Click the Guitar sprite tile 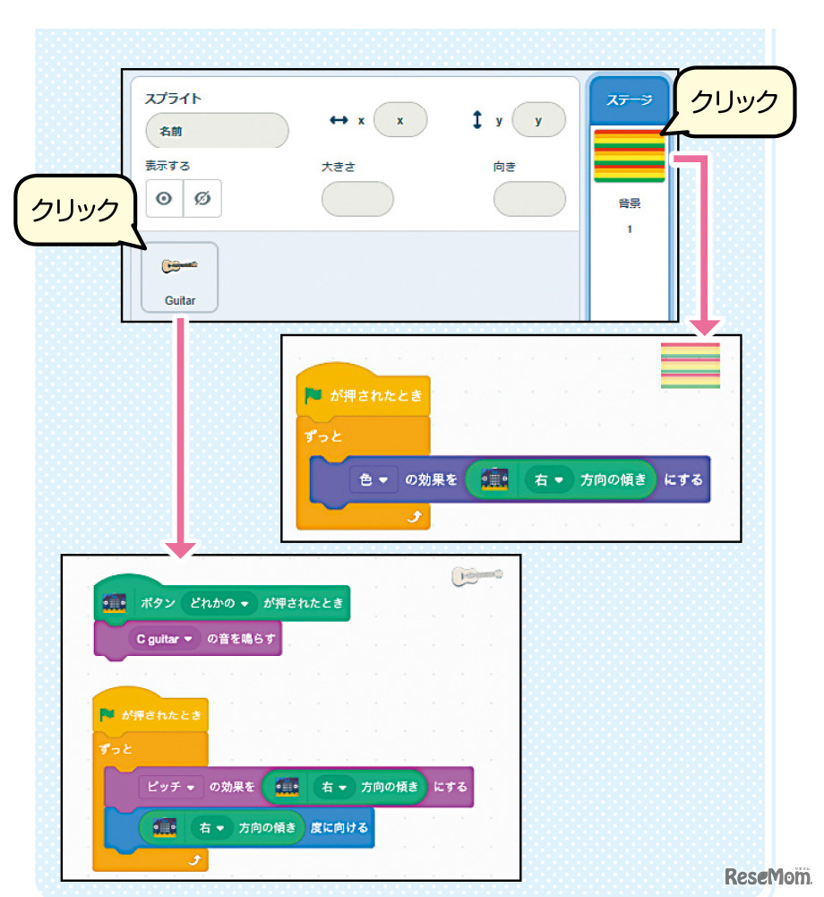click(x=179, y=277)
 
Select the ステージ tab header click(x=629, y=100)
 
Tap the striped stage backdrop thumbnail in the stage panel click(x=629, y=155)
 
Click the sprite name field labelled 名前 click(x=217, y=131)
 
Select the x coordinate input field click(x=400, y=119)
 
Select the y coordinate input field click(x=538, y=119)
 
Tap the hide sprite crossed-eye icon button click(x=202, y=199)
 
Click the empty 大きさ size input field click(x=357, y=199)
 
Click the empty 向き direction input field click(x=529, y=199)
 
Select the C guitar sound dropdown click(x=164, y=640)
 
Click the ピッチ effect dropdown click(x=171, y=787)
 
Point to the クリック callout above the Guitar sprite click(x=75, y=209)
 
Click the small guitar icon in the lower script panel click(x=476, y=575)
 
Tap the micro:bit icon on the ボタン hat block click(x=114, y=603)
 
